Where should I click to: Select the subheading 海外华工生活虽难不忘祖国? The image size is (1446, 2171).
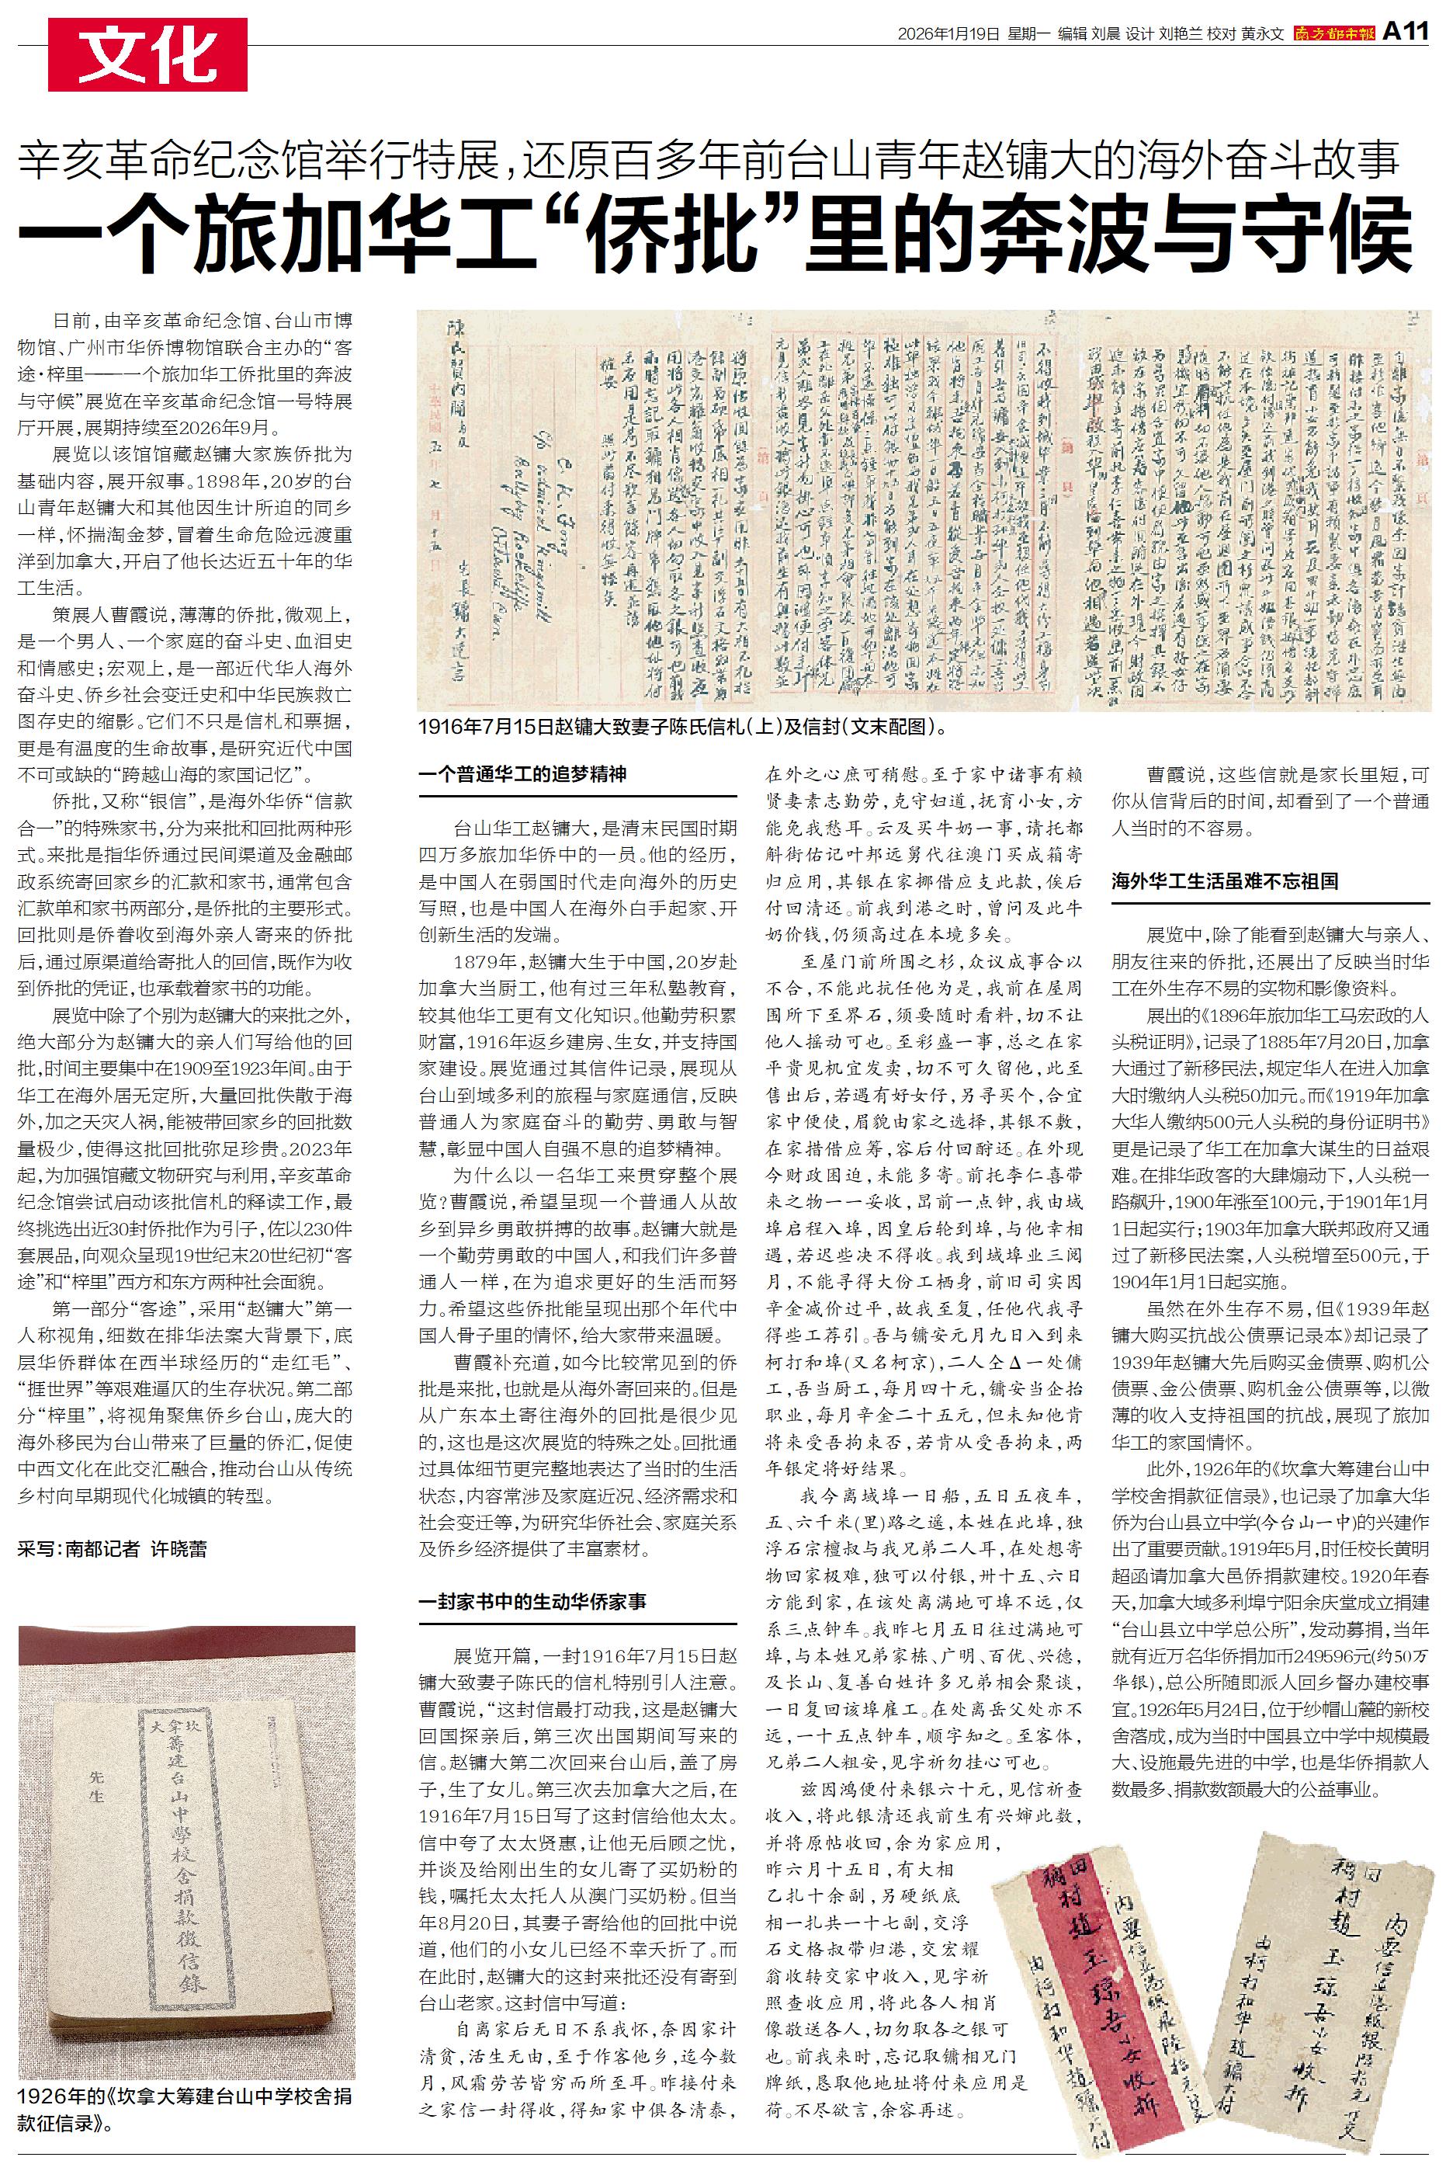point(1224,880)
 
